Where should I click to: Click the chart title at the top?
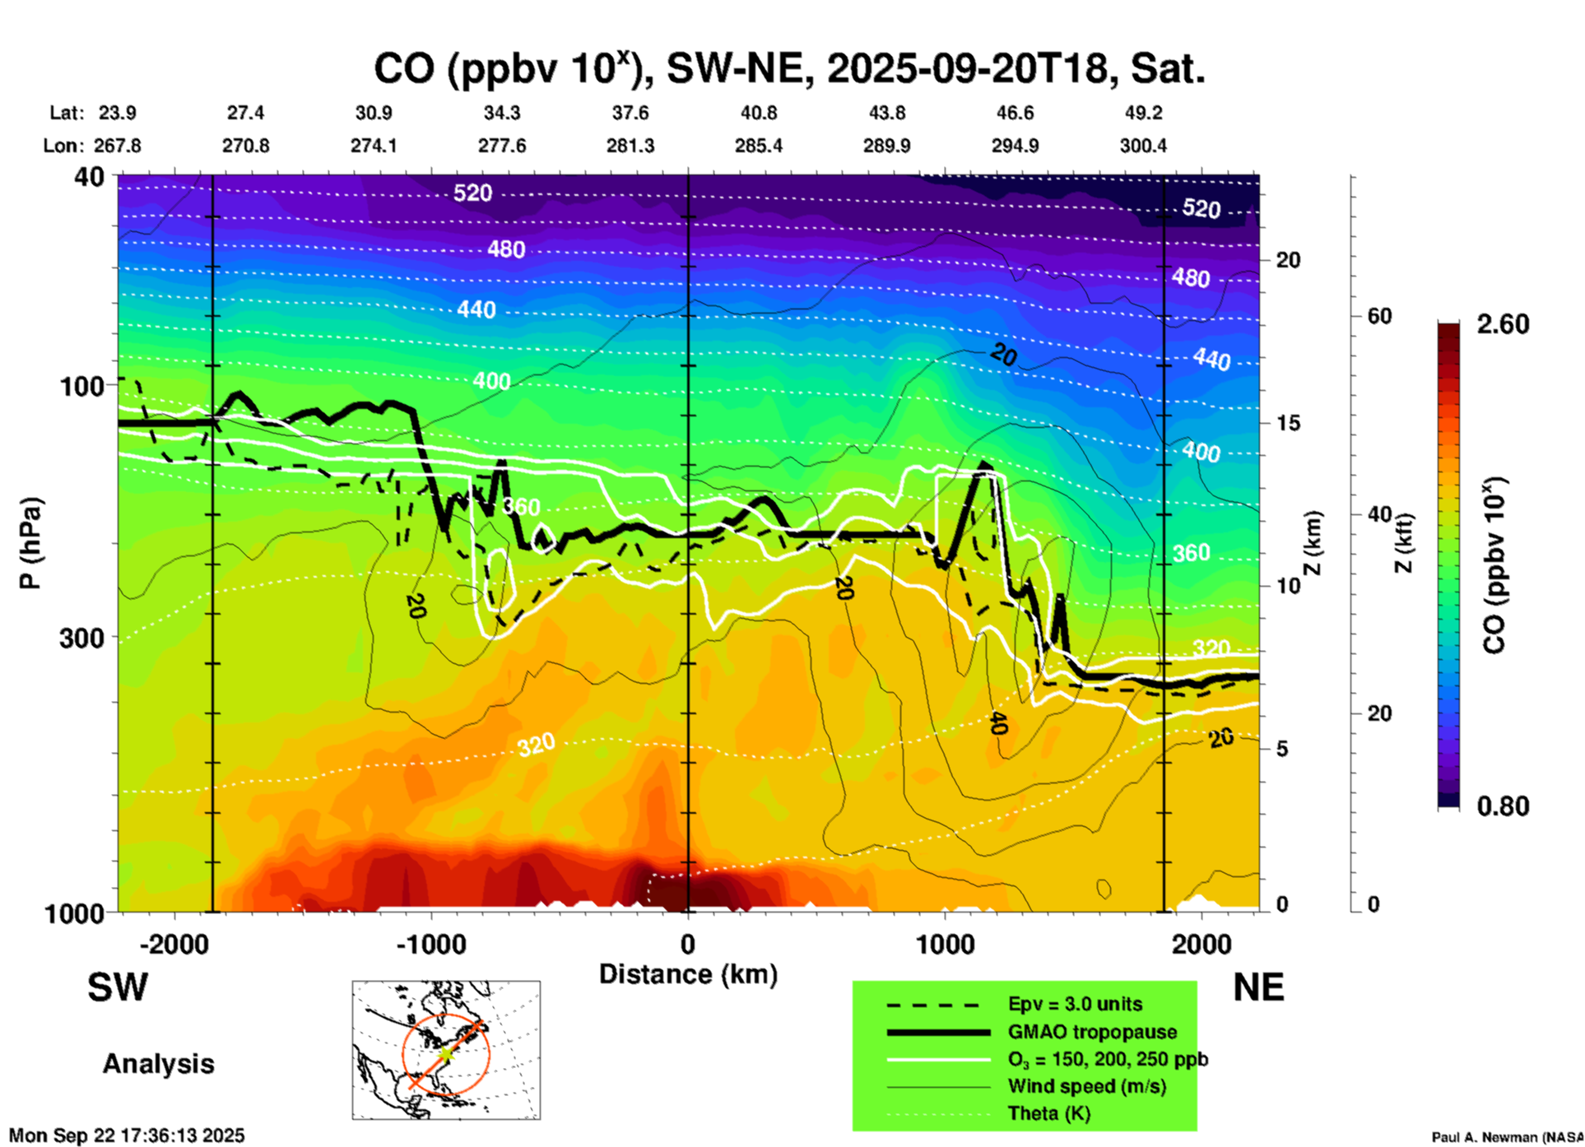click(x=788, y=68)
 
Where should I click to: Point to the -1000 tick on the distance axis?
click(x=431, y=945)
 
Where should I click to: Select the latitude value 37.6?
click(x=630, y=113)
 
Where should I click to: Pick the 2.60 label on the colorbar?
click(x=1503, y=324)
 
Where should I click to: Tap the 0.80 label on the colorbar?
click(x=1503, y=806)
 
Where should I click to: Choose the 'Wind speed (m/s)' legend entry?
click(x=1086, y=1086)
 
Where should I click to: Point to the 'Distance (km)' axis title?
click(x=688, y=974)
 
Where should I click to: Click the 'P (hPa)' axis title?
click(x=30, y=543)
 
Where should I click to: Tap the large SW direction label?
click(x=118, y=987)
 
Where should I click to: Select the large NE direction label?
click(x=1258, y=987)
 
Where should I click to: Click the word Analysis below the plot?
click(x=158, y=1064)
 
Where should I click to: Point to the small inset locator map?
click(x=446, y=1050)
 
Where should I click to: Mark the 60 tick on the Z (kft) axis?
click(x=1379, y=317)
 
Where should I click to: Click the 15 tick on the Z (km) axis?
click(x=1288, y=423)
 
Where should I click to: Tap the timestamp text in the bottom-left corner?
click(x=127, y=1135)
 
